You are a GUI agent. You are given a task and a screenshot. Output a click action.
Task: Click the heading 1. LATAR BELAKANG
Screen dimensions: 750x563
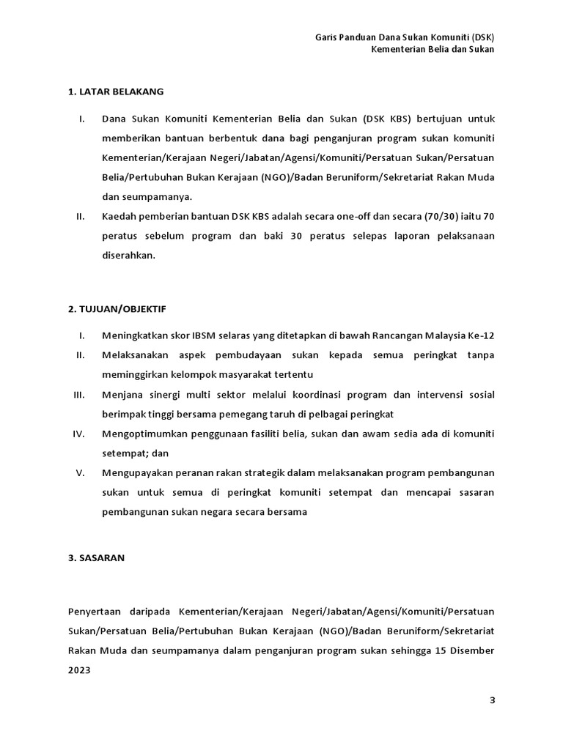(115, 92)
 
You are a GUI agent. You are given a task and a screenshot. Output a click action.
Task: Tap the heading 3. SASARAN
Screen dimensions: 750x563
(96, 557)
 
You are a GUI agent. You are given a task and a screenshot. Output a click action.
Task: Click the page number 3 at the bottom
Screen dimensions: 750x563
(492, 700)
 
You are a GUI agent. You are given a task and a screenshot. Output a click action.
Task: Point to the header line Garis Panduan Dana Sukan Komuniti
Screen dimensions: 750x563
(405, 36)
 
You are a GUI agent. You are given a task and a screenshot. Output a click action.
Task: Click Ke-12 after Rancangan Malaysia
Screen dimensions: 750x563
(481, 335)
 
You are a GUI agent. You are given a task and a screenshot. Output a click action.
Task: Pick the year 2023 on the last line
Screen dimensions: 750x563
(80, 669)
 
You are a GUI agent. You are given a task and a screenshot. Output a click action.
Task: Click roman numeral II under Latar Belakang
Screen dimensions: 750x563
(81, 217)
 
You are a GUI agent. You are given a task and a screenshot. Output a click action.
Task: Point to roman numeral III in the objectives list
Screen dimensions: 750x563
(80, 395)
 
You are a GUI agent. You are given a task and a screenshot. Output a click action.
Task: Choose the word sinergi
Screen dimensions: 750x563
(166, 395)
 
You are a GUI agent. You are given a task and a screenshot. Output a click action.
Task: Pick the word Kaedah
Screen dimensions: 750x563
(119, 217)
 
